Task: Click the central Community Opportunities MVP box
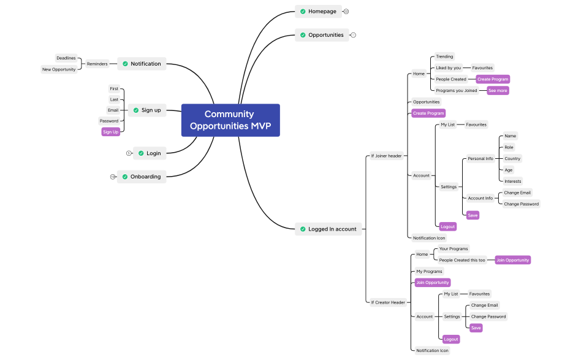[x=230, y=120]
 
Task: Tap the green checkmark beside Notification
[x=125, y=64]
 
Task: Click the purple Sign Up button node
[x=110, y=132]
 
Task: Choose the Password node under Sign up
[x=109, y=121]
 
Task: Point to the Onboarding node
[x=142, y=177]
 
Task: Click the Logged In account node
[x=328, y=229]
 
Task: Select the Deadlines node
[x=66, y=58]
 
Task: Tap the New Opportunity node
[x=59, y=69]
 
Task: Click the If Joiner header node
[x=386, y=156]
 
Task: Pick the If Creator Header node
[x=388, y=302]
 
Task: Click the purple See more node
[x=498, y=91]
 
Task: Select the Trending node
[x=444, y=56]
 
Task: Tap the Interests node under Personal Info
[x=512, y=182]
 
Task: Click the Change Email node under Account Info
[x=517, y=193]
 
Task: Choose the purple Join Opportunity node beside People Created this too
[x=512, y=260]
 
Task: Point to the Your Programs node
[x=454, y=249]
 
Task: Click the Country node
[x=512, y=159]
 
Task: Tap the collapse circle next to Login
[x=129, y=153]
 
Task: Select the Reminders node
[x=97, y=64]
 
